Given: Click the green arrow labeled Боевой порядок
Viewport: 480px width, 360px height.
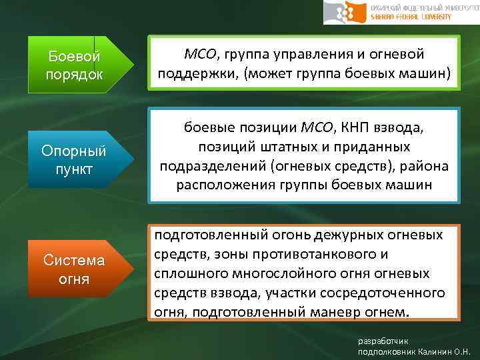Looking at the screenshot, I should [74, 64].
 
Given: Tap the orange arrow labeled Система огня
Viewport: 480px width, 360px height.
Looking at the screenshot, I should [74, 267].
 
